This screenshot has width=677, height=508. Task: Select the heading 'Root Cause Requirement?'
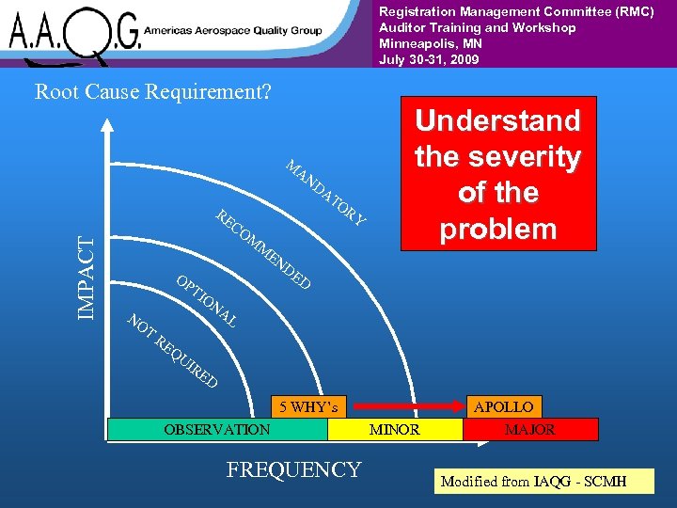point(152,92)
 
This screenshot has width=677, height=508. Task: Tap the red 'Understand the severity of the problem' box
point(498,174)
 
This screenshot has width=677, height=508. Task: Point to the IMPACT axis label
point(86,277)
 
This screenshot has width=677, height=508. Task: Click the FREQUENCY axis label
point(293,469)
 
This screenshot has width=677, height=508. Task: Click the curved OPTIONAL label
point(206,302)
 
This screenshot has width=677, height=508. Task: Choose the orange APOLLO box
point(503,407)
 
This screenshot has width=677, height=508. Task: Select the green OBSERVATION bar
point(217,429)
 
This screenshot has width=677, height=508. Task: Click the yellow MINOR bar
point(395,429)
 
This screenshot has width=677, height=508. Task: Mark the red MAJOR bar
point(530,429)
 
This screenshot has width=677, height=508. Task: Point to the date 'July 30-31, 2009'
point(429,59)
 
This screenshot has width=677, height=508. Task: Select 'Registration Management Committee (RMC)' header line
point(516,11)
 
